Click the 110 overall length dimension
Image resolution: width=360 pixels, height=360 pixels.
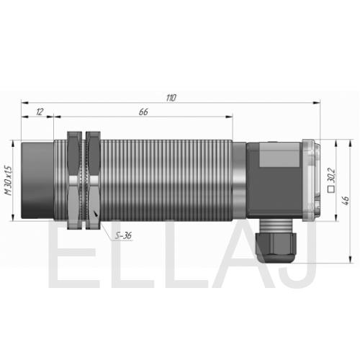click(171, 98)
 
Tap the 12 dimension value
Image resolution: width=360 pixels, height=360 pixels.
click(40, 112)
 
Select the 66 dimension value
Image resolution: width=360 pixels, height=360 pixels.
click(143, 112)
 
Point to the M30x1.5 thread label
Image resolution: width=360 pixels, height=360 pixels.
click(9, 181)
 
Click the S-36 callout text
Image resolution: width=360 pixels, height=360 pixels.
click(123, 235)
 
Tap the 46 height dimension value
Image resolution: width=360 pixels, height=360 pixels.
click(346, 200)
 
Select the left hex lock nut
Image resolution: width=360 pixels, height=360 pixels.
click(74, 180)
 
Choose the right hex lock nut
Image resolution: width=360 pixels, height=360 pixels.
click(94, 180)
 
